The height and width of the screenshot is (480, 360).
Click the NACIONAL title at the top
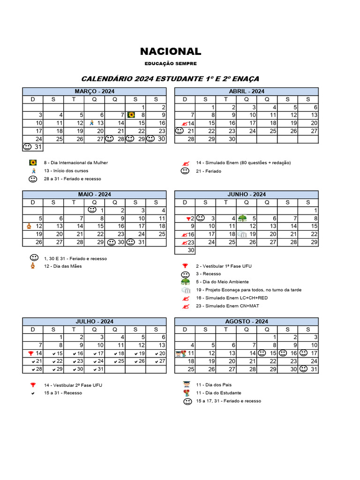point(171,52)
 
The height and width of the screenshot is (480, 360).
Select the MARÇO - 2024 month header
point(94,91)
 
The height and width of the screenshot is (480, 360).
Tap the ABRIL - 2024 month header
point(246,91)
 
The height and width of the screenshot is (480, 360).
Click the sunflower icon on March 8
point(132,115)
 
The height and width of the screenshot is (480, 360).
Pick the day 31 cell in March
point(33,147)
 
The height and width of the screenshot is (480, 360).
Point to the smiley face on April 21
point(179,131)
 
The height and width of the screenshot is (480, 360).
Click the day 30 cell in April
point(226,139)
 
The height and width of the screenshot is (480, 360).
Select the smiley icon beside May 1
point(92,210)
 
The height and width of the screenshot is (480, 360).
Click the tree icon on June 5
point(242,218)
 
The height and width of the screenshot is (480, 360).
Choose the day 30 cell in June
point(185,250)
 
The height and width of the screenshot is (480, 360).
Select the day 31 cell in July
point(94,369)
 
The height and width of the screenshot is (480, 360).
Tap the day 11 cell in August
point(185,353)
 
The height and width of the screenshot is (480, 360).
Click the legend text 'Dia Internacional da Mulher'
point(76,163)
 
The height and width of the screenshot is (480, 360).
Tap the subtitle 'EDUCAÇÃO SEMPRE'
point(171,64)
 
